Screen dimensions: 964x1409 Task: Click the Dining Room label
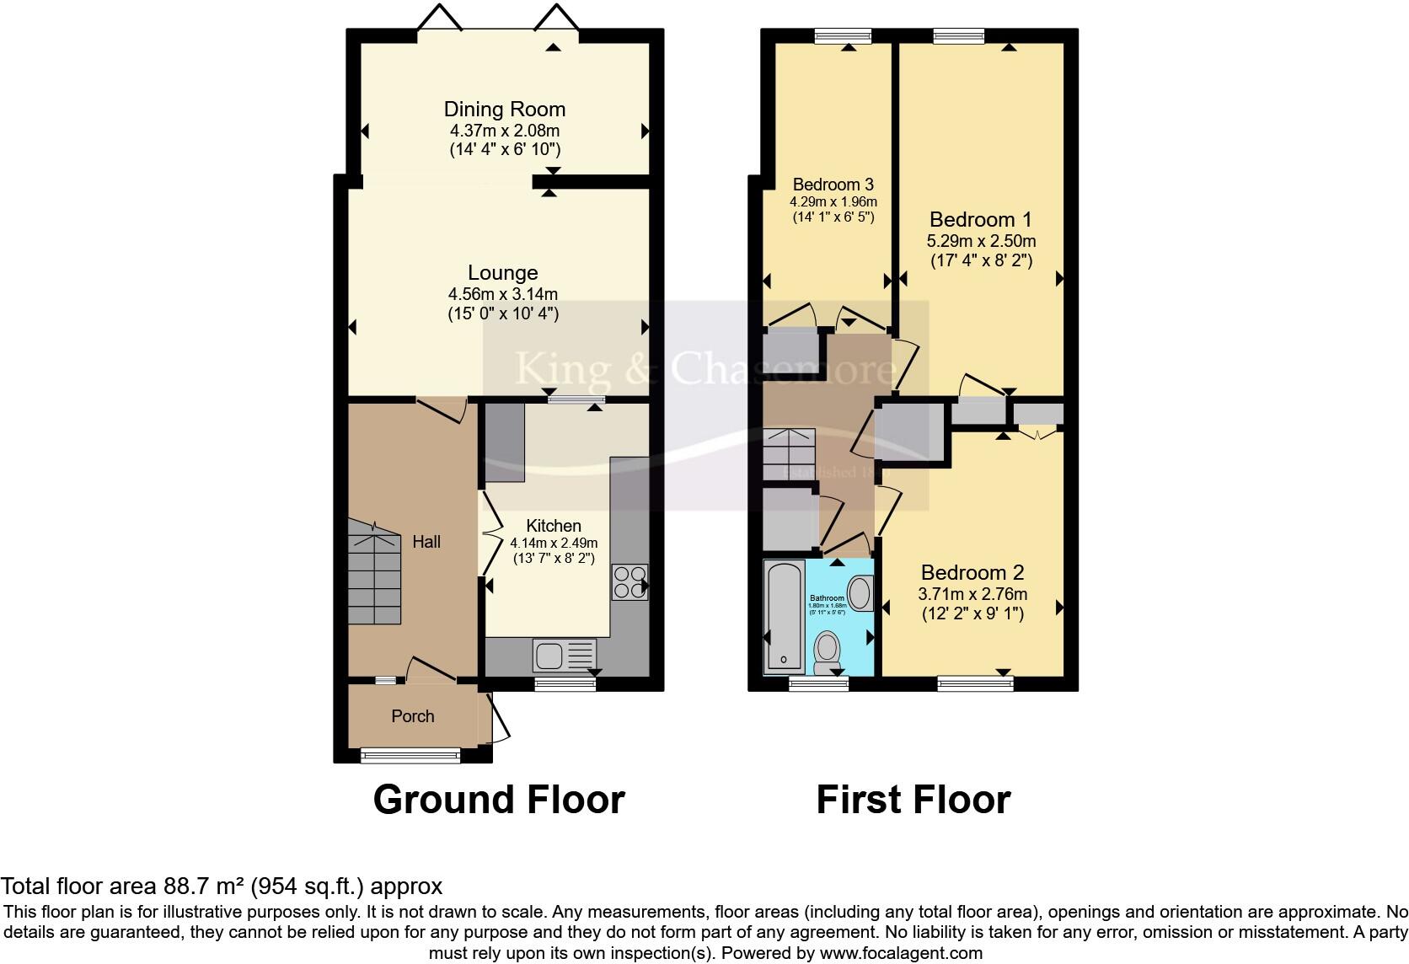pos(504,109)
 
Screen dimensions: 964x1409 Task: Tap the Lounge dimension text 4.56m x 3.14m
pos(503,294)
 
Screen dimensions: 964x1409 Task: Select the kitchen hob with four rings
pos(629,581)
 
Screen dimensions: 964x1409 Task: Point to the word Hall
pos(426,542)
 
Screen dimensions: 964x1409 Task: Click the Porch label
pos(413,716)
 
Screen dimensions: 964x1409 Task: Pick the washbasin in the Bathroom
pos(860,593)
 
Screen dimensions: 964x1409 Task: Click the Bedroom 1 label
pos(980,220)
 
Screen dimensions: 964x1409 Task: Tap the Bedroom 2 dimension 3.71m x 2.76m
pos(972,594)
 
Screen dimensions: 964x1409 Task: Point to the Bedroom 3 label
pos(833,185)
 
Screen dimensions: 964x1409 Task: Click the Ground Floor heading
pos(499,800)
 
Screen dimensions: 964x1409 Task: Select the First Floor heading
pos(913,800)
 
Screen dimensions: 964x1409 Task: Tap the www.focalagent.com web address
pos(899,954)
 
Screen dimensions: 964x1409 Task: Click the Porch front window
pos(410,756)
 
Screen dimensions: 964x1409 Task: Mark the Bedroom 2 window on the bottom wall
pos(975,683)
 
